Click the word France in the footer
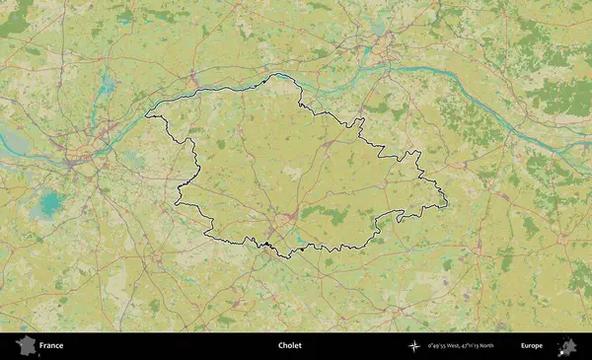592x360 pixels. pos(51,346)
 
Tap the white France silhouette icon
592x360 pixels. pos(26,345)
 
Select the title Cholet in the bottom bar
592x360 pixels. pos(290,346)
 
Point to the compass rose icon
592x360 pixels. pos(414,346)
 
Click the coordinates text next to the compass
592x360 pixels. pos(461,346)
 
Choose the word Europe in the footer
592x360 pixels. pos(532,346)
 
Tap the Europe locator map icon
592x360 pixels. pos(567,345)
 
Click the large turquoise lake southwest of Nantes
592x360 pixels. pos(48,205)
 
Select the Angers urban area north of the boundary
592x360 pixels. pos(381,43)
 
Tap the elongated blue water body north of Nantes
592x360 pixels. pos(103,79)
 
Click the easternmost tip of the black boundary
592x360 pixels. pos(447,203)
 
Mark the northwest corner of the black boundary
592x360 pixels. pos(147,116)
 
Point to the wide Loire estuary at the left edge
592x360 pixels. pos(10,138)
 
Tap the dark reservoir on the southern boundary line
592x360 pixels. pos(265,244)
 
